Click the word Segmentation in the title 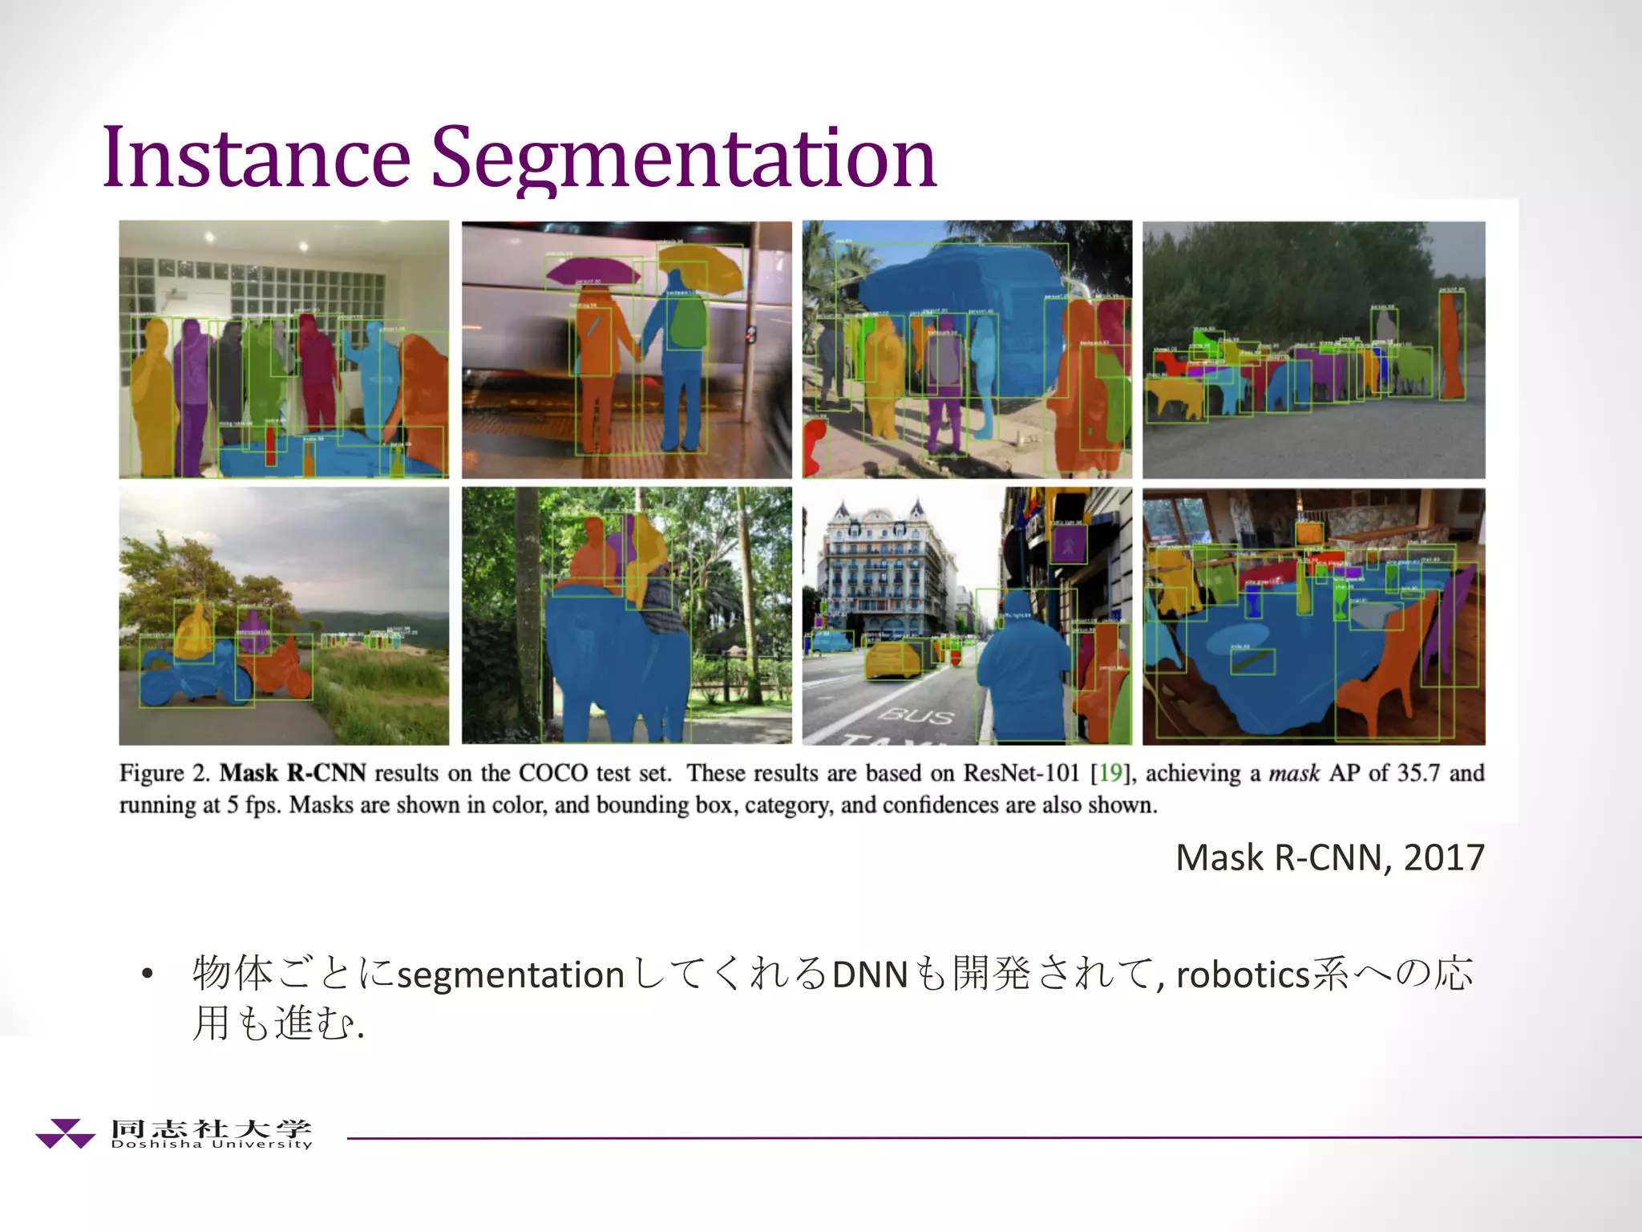coord(684,159)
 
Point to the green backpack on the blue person coord(686,321)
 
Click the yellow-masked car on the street coord(892,659)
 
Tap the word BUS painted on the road coord(917,715)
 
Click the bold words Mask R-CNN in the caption coord(293,773)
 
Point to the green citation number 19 coord(1110,773)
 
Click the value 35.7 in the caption coord(1418,773)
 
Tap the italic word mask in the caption coord(1293,773)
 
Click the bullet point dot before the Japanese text coord(146,975)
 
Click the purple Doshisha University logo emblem coord(65,1133)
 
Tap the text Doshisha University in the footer coord(212,1145)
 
